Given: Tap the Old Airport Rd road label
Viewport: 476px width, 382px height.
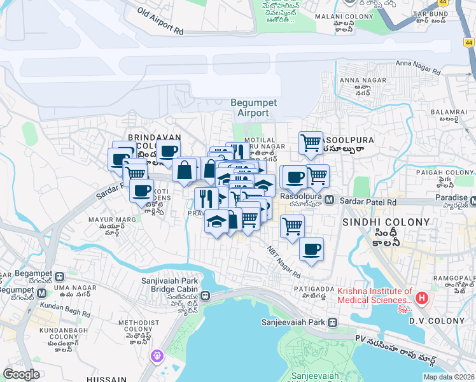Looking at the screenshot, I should coord(160,21).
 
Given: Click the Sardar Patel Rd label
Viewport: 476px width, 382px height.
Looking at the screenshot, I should coord(368,201).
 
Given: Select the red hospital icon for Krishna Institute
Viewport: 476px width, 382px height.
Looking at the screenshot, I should coord(421,297).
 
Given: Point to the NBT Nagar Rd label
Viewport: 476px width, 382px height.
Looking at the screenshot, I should coord(284,262).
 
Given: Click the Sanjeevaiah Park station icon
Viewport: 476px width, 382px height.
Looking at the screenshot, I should coord(332,322).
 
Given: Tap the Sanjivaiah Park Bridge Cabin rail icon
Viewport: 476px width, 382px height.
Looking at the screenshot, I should coord(206,295).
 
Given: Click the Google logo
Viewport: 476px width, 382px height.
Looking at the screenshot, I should coord(21,374).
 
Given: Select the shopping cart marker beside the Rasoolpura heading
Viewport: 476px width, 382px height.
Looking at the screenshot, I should coord(311,143).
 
